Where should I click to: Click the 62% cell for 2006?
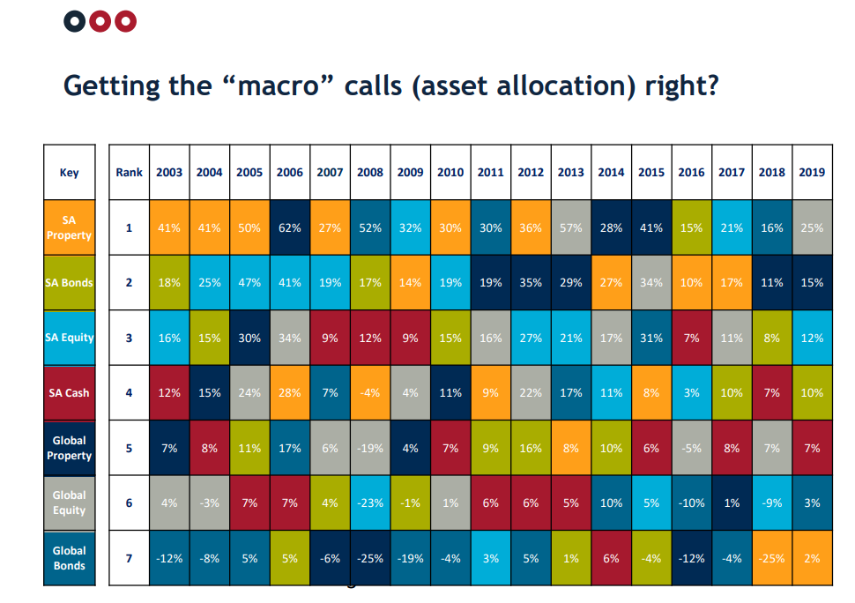click(x=289, y=227)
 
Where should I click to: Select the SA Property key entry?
click(x=70, y=227)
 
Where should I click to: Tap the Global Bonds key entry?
click(x=70, y=558)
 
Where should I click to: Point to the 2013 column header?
click(x=571, y=172)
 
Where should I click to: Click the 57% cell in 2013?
click(x=571, y=227)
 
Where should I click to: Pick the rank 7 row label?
click(x=130, y=558)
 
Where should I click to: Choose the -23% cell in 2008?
click(x=370, y=502)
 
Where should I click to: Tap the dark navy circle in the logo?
click(x=75, y=21)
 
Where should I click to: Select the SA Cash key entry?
click(x=70, y=392)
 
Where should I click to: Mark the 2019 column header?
click(x=812, y=172)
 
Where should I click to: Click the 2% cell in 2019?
click(x=812, y=558)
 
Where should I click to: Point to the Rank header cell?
click(x=130, y=172)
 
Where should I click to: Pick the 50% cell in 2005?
click(x=249, y=227)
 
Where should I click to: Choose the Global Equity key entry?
click(x=70, y=502)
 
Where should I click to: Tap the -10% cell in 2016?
click(x=691, y=502)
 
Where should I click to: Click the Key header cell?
click(x=70, y=172)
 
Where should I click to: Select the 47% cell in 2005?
click(x=249, y=282)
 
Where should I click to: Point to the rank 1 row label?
click(x=130, y=227)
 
